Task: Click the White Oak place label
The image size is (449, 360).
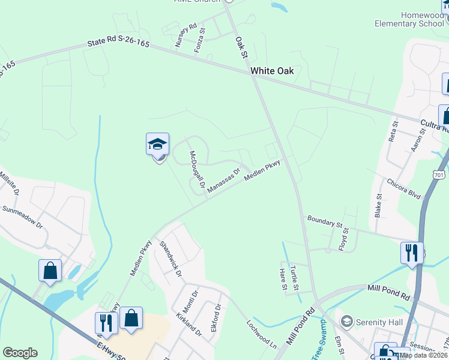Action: click(x=272, y=71)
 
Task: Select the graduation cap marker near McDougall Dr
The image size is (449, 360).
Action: click(x=157, y=145)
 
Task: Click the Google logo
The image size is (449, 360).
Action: click(x=20, y=353)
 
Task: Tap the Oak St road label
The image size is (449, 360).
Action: click(x=241, y=46)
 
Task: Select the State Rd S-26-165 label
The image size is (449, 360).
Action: click(x=118, y=44)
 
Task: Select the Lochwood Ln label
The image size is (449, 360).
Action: click(x=261, y=334)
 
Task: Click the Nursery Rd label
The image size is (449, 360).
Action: click(x=185, y=35)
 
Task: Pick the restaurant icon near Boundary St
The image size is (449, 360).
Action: click(x=412, y=252)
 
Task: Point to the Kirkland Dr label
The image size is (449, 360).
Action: click(x=189, y=323)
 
